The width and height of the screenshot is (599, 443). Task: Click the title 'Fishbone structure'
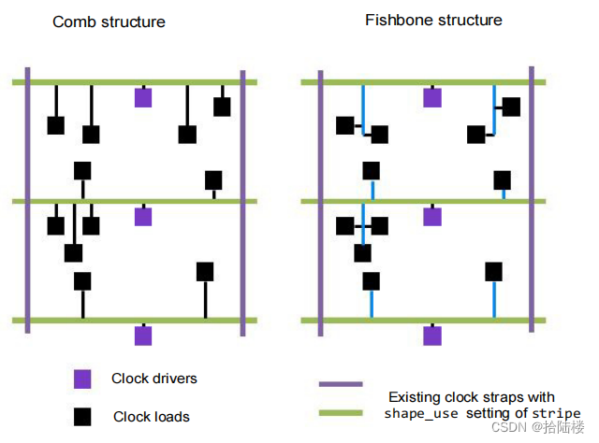(x=433, y=20)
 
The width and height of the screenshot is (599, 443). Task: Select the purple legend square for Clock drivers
(x=83, y=379)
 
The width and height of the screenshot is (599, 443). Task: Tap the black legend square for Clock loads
(x=83, y=416)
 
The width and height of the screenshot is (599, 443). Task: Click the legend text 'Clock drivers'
(x=154, y=379)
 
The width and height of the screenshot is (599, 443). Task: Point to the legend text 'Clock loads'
(x=151, y=416)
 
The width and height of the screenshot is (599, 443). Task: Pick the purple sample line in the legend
(x=341, y=384)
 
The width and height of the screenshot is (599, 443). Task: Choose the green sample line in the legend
(x=341, y=411)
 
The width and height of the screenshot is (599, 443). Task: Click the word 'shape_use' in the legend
(x=420, y=413)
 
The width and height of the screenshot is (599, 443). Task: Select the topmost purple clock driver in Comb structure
(x=143, y=97)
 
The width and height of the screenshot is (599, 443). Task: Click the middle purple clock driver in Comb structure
(x=143, y=216)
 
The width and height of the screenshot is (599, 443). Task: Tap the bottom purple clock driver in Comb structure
(x=143, y=335)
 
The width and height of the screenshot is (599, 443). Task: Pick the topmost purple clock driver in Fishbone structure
(x=431, y=97)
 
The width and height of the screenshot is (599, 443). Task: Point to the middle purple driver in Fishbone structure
(x=431, y=216)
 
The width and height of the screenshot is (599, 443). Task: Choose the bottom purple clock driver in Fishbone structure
(x=431, y=335)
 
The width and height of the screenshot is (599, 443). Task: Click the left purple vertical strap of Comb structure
(x=28, y=201)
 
